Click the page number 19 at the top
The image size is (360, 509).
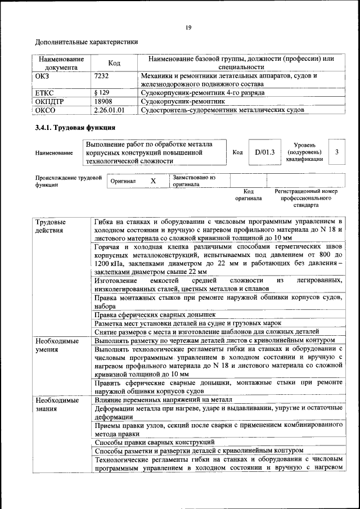pos(188,28)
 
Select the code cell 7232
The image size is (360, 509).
pos(102,75)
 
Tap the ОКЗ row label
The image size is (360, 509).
pos(43,75)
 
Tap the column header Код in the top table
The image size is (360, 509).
pos(114,63)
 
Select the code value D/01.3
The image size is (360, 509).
pos(264,152)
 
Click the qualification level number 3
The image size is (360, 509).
pos(336,152)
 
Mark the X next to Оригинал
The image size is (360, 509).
pos(152,181)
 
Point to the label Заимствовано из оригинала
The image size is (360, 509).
pos(193,181)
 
